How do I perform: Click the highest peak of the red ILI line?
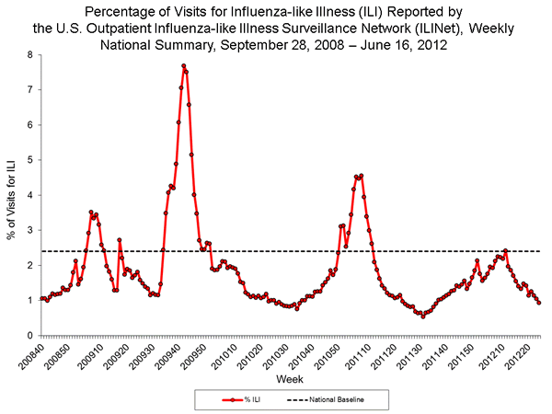pyautogui.click(x=183, y=66)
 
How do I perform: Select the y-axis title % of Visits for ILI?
pyautogui.click(x=12, y=195)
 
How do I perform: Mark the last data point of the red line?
pyautogui.click(x=538, y=302)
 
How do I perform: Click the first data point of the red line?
pyautogui.click(x=41, y=298)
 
